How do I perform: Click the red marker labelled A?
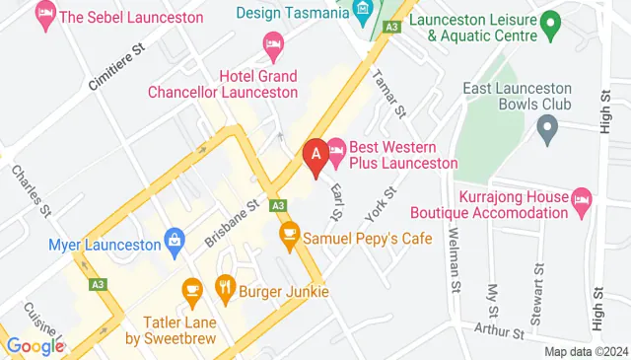click(x=316, y=155)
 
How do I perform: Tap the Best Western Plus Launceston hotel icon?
click(x=335, y=149)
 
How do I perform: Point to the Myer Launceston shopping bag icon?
click(x=175, y=239)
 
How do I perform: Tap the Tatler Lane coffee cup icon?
click(x=191, y=289)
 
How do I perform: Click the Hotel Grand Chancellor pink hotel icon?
click(x=273, y=43)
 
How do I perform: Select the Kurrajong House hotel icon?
click(x=581, y=201)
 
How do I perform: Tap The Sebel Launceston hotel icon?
click(x=44, y=14)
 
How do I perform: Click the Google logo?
click(x=35, y=346)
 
